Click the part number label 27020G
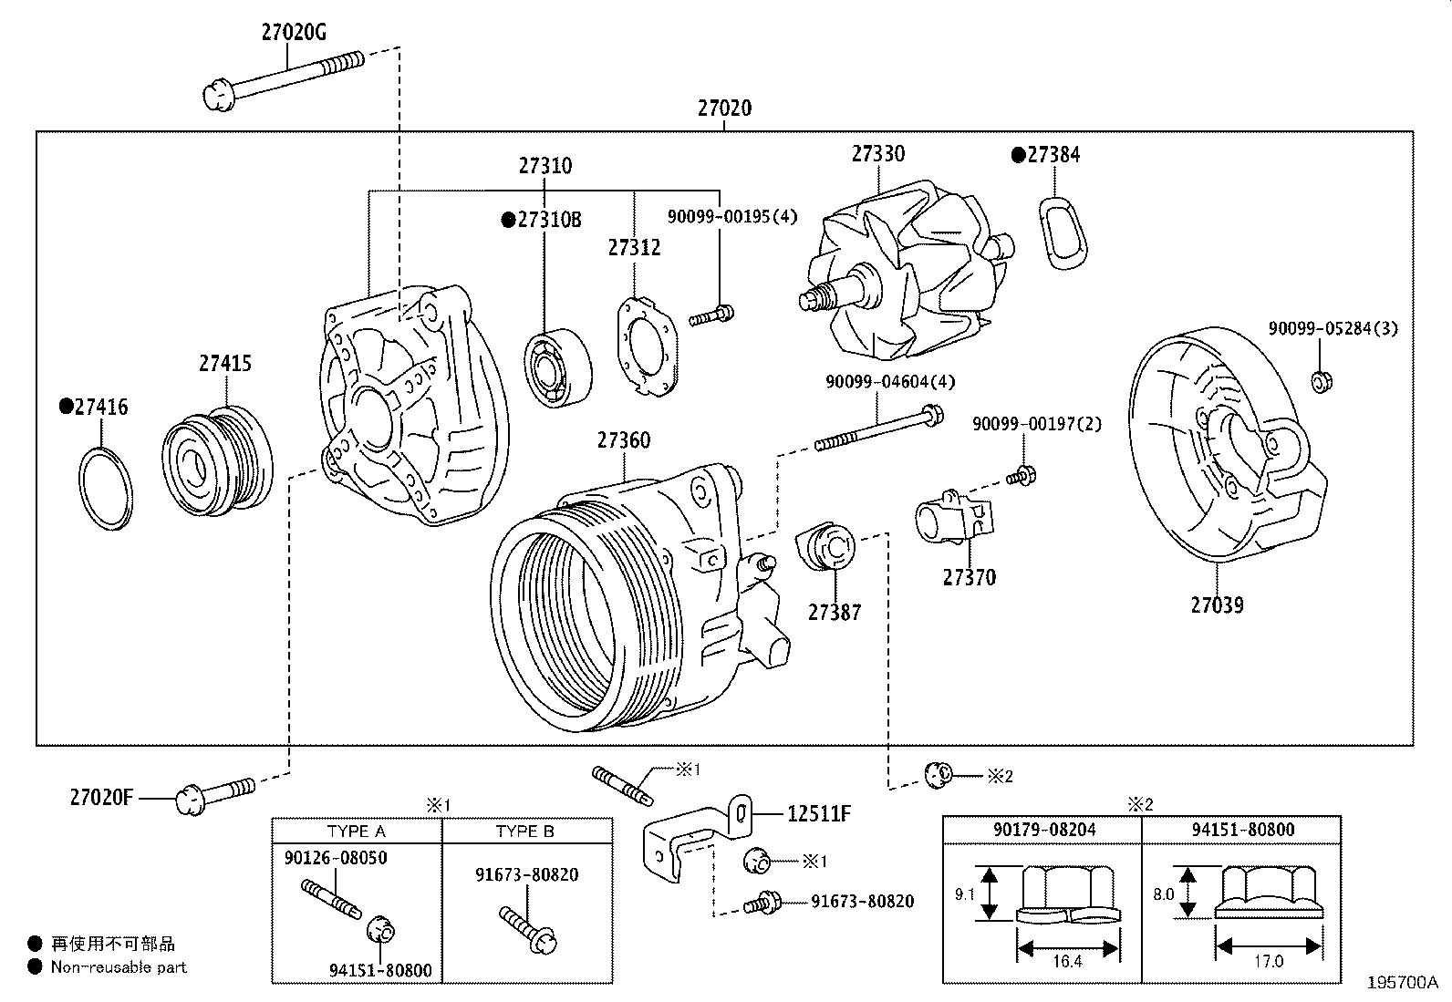point(293,33)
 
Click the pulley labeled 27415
point(219,460)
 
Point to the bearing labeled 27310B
point(557,370)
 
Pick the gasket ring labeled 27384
point(1063,232)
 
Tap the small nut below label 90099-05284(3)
point(1318,382)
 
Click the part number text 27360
point(624,440)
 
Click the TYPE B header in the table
point(524,832)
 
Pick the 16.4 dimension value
point(1066,961)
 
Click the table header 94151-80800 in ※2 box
point(1242,829)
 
